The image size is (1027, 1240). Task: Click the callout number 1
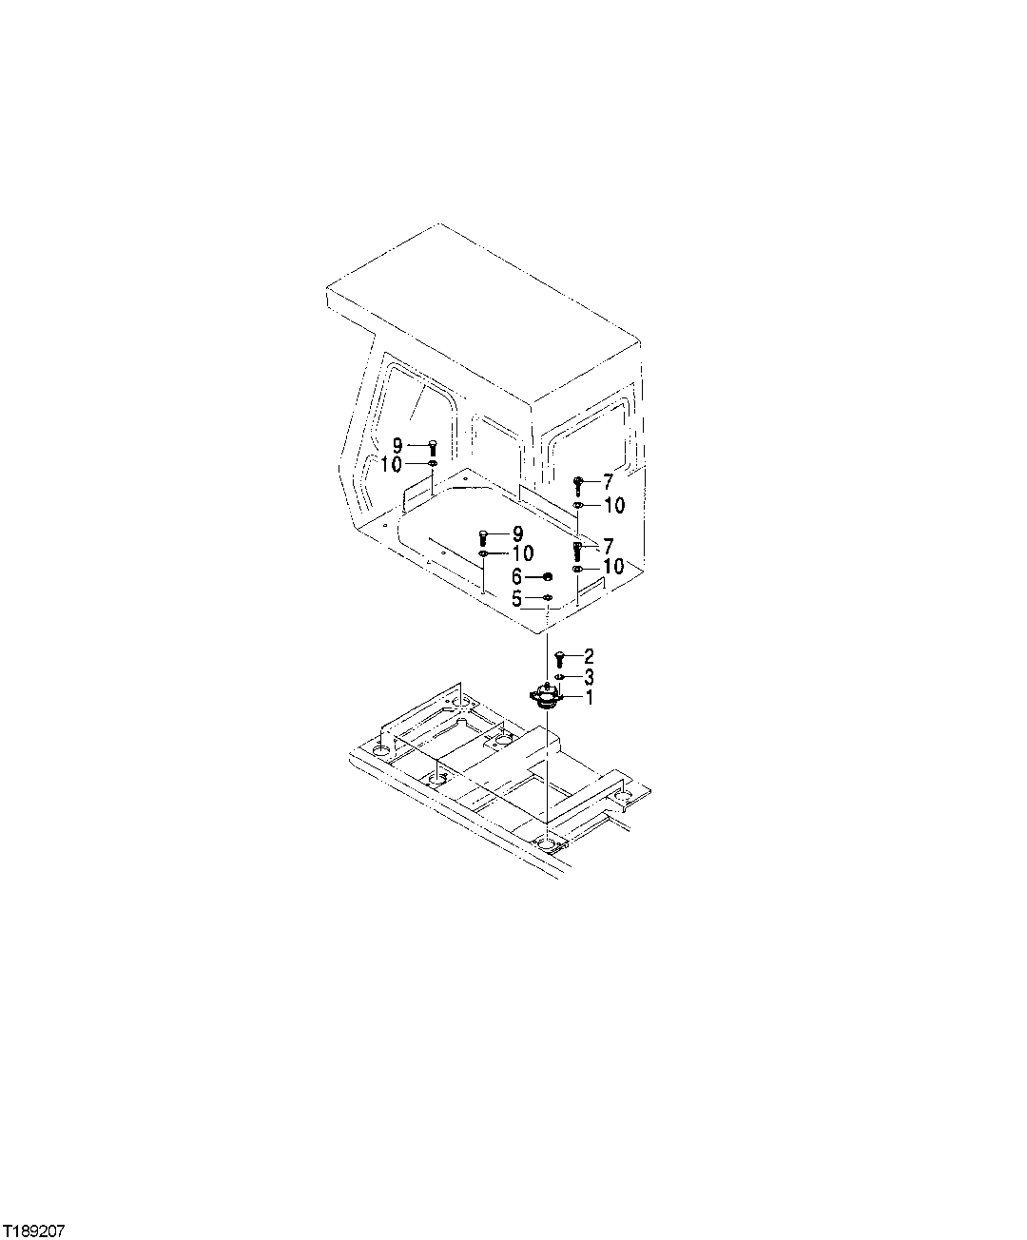[590, 697]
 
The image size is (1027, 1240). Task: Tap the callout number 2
[590, 655]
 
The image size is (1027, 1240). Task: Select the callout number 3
[590, 676]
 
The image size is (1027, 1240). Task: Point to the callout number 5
[517, 599]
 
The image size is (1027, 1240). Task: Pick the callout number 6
[517, 576]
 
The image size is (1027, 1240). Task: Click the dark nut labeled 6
[548, 576]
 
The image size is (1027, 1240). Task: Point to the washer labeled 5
[548, 598]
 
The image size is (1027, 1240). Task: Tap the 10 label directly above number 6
[522, 553]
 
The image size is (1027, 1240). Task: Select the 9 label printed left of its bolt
[397, 443]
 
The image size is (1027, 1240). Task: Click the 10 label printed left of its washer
[392, 464]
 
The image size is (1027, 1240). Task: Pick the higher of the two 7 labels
[608, 483]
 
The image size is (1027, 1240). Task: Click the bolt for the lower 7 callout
[577, 549]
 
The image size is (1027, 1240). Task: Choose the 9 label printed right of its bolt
[518, 533]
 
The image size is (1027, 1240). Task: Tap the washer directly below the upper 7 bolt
[577, 505]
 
